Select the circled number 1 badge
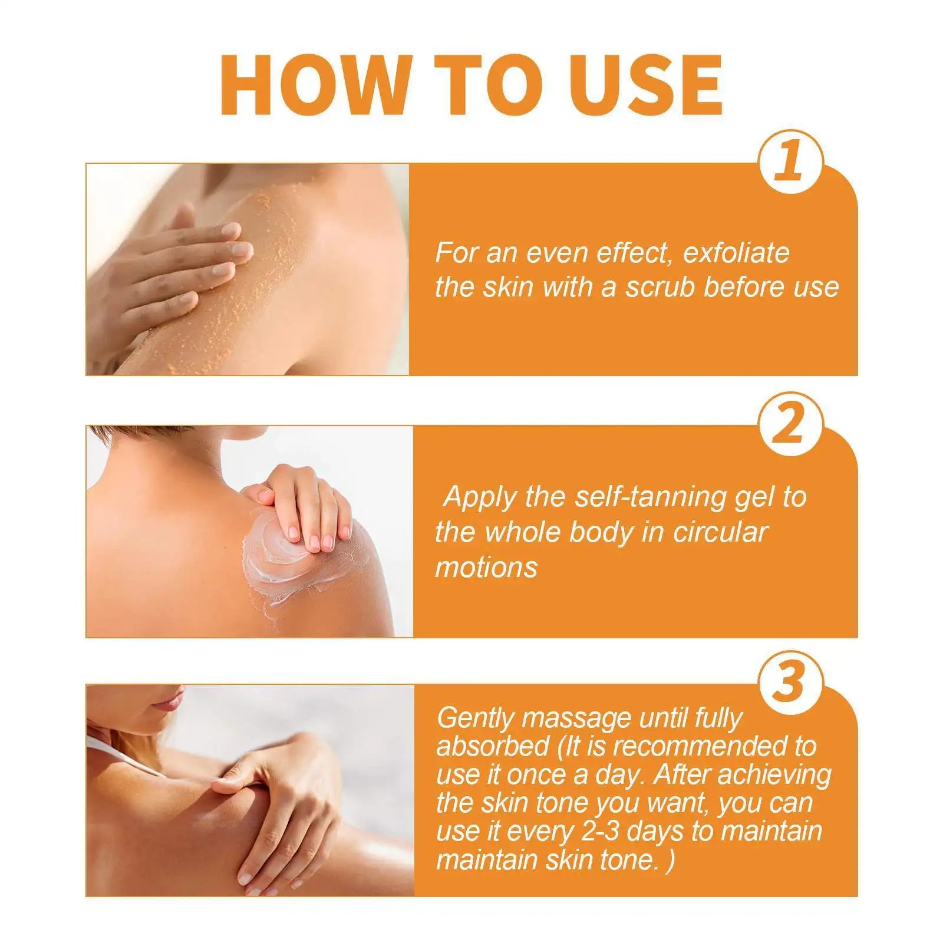(x=790, y=161)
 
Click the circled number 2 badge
(x=790, y=424)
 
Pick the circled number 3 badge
(x=790, y=683)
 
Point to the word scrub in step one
(x=660, y=288)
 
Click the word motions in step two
(x=486, y=568)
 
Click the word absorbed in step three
(x=493, y=747)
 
